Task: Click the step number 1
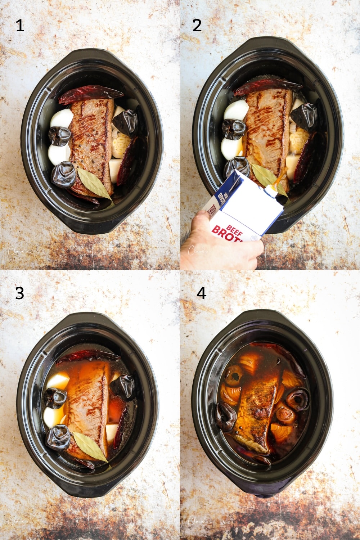point(20,26)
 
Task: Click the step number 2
point(197,26)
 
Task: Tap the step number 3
point(19,293)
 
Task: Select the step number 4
point(201,293)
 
